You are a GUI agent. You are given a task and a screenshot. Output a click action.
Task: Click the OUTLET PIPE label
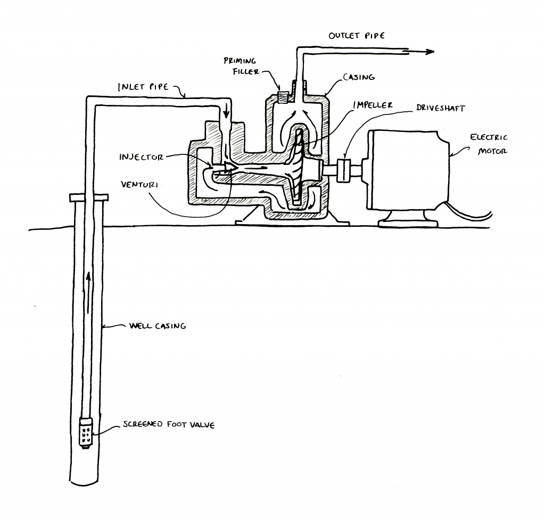[357, 36]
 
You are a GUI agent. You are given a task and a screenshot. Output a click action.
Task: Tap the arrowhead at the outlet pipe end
[430, 52]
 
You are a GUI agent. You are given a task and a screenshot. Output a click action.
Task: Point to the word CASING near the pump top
[359, 77]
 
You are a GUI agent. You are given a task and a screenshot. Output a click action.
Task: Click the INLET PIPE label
[143, 87]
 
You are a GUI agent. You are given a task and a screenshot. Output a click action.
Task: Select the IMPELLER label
[373, 105]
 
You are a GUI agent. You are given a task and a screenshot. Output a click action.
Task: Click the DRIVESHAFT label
[440, 108]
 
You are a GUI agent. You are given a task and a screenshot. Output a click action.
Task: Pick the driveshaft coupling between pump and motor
[343, 170]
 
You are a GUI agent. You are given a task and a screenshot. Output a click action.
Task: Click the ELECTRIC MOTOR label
[489, 144]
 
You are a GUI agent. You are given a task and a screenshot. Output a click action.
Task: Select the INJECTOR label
[141, 157]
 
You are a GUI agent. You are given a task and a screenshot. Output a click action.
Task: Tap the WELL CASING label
[158, 326]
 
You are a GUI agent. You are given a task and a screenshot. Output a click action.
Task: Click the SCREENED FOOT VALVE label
[169, 424]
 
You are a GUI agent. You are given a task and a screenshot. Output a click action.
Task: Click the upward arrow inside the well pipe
[89, 292]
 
